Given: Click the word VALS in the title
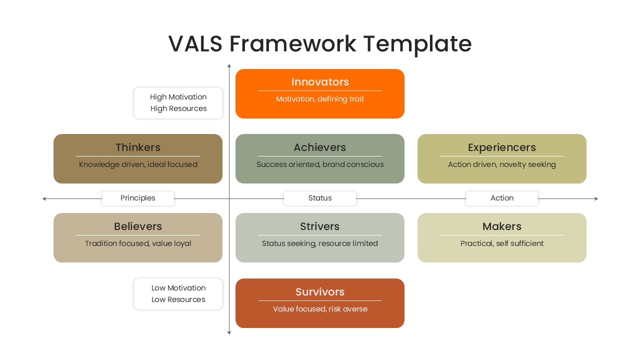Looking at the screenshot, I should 195,43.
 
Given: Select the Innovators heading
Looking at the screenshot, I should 320,82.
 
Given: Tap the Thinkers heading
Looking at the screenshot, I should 138,147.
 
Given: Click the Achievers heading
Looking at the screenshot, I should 320,147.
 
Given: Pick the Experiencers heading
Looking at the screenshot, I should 501,147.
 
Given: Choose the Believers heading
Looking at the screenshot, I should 138,226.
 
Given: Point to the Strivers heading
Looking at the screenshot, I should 320,226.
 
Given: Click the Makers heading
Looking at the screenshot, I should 501,226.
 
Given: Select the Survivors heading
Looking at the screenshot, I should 320,292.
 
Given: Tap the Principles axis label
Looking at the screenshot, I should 138,198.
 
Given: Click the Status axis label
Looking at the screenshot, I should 320,198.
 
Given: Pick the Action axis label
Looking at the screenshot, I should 501,198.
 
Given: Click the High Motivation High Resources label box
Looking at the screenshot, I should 178,103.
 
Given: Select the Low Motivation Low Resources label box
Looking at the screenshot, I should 178,294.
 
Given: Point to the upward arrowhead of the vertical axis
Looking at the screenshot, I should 229,65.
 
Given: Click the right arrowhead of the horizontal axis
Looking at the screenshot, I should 596,199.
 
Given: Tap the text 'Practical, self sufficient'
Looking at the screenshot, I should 501,243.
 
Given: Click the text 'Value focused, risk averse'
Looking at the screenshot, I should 320,309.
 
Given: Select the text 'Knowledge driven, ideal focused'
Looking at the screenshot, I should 138,164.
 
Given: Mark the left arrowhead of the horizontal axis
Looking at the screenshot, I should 44,199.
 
